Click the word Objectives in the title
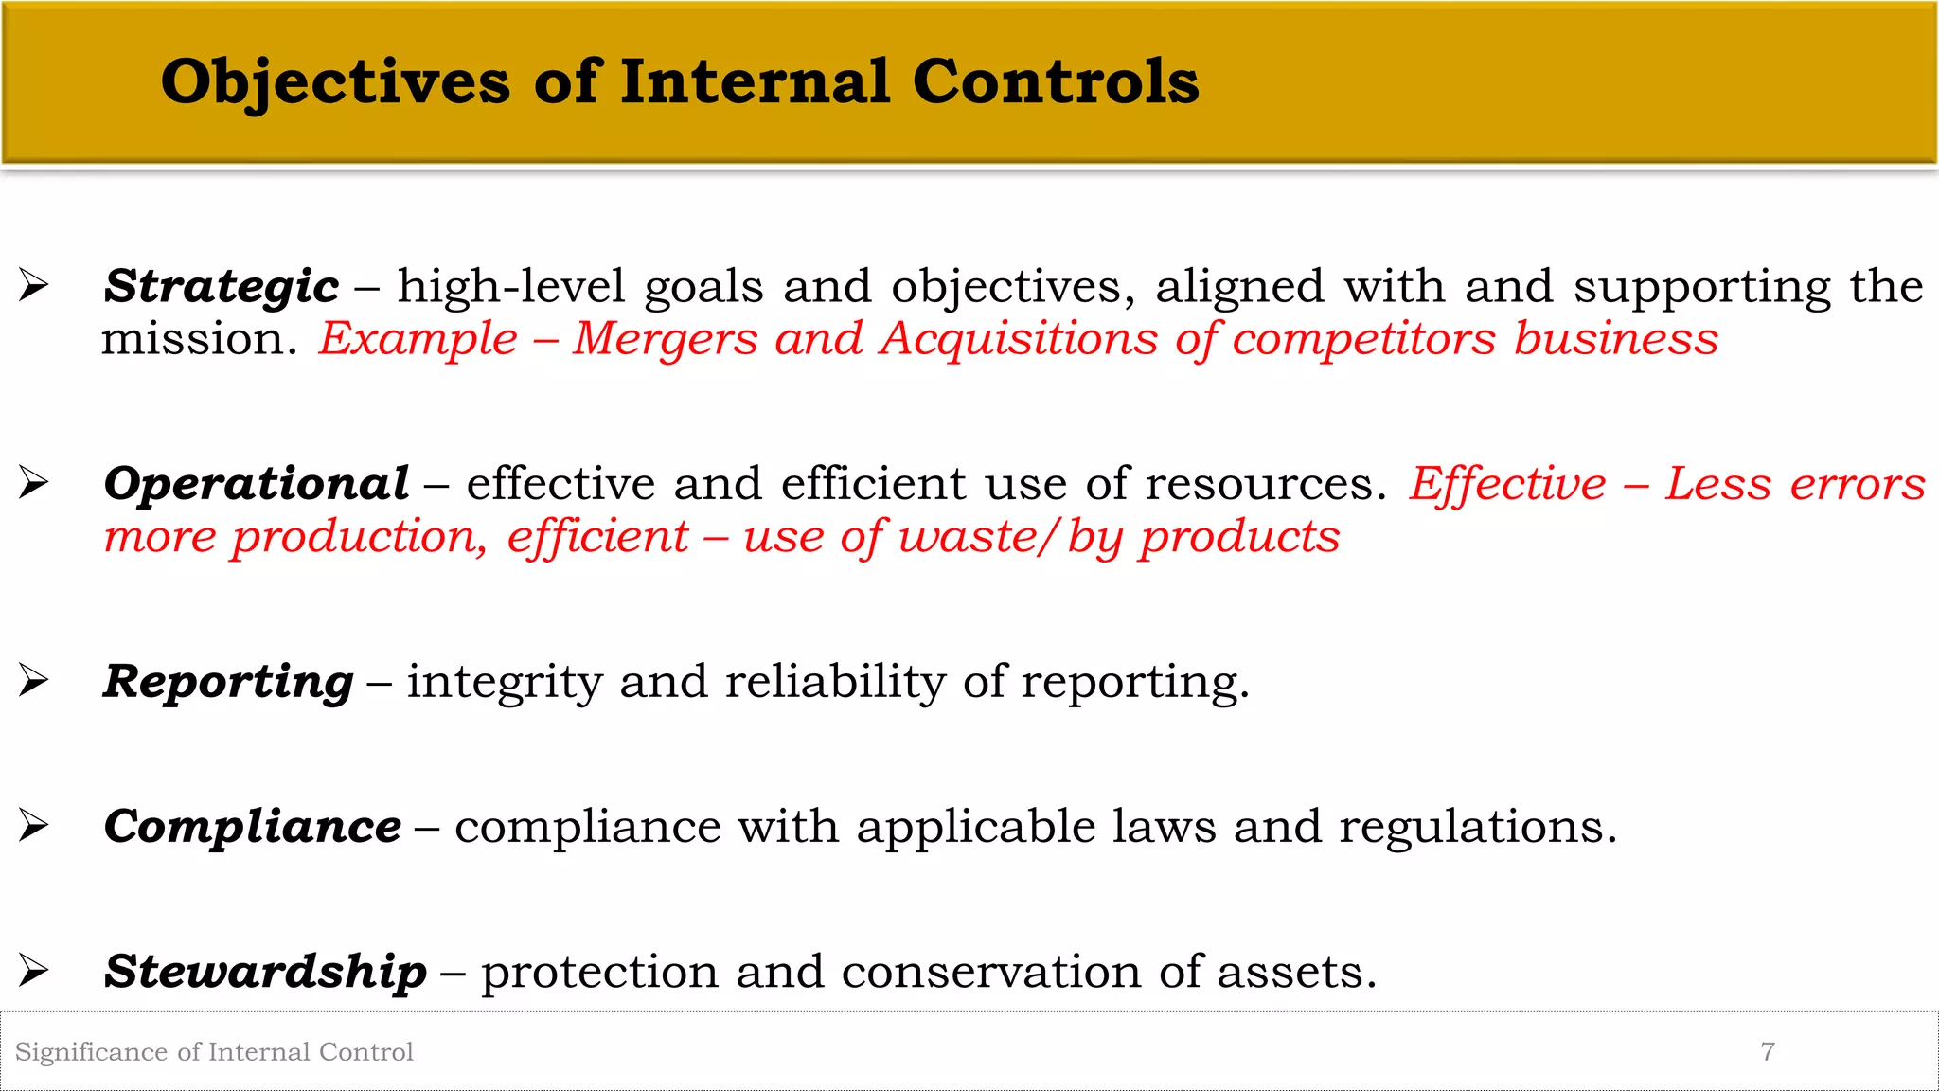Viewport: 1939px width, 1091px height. tap(336, 81)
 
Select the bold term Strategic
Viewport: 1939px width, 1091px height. tap(222, 286)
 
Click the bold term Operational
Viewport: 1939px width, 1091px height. tap(257, 484)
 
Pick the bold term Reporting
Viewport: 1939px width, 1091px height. tap(228, 682)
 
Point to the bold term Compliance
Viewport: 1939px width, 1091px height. tap(253, 827)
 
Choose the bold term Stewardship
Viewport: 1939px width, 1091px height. tap(265, 972)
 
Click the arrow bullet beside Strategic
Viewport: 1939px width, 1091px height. tap(34, 285)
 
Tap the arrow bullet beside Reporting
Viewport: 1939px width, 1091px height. tap(34, 680)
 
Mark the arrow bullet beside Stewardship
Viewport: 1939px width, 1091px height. tap(34, 970)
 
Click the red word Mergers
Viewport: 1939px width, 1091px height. tap(666, 339)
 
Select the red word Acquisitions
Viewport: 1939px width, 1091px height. tap(1019, 339)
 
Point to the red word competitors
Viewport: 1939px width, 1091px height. tap(1364, 339)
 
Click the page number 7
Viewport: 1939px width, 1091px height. tap(1767, 1051)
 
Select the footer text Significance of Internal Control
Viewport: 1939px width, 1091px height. tap(214, 1052)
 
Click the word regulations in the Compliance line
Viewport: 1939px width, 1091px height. tap(1477, 827)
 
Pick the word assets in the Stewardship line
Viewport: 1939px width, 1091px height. tap(1296, 972)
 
